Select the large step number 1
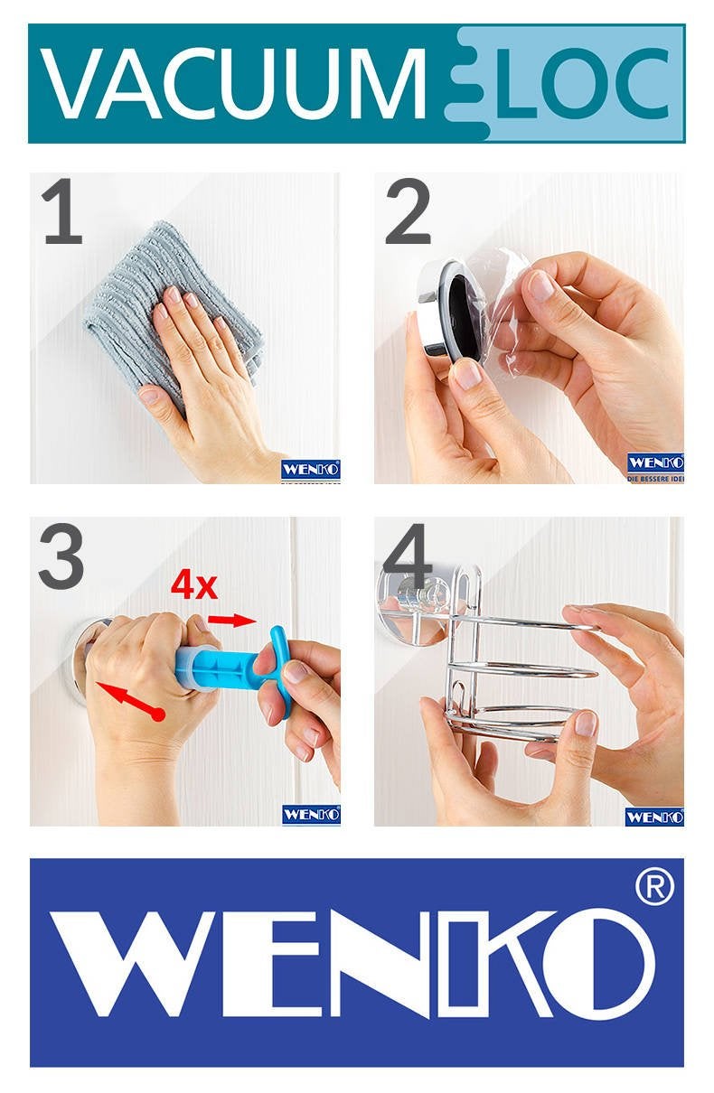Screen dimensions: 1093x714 click(61, 213)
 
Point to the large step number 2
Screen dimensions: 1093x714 click(408, 213)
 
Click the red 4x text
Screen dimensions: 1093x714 click(194, 586)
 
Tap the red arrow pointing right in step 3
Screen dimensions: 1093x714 click(232, 620)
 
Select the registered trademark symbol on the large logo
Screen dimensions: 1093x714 click(654, 890)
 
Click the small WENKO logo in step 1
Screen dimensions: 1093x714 click(310, 471)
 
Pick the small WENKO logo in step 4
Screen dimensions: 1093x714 click(653, 817)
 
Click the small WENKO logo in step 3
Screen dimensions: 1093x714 click(310, 814)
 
